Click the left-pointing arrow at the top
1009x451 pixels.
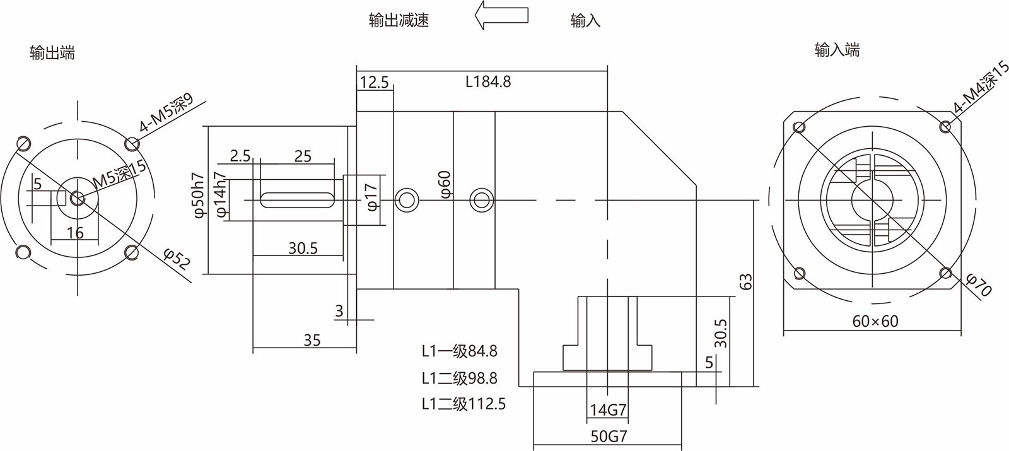tap(501, 15)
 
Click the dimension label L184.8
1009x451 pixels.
tap(488, 81)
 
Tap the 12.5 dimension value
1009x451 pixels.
tap(375, 82)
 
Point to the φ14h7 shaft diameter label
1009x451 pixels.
tap(221, 196)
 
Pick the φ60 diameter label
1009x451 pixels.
tap(445, 184)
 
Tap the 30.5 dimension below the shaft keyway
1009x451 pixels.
tap(303, 249)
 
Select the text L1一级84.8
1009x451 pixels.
tap(460, 351)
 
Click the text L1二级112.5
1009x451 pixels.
tap(464, 404)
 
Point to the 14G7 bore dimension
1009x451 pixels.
tap(608, 411)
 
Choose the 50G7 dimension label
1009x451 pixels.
tap(609, 436)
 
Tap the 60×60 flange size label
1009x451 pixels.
tap(875, 321)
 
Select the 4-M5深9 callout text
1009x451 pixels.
tap(166, 113)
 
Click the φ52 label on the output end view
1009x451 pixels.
tap(177, 260)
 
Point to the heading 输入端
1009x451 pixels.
tap(837, 50)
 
